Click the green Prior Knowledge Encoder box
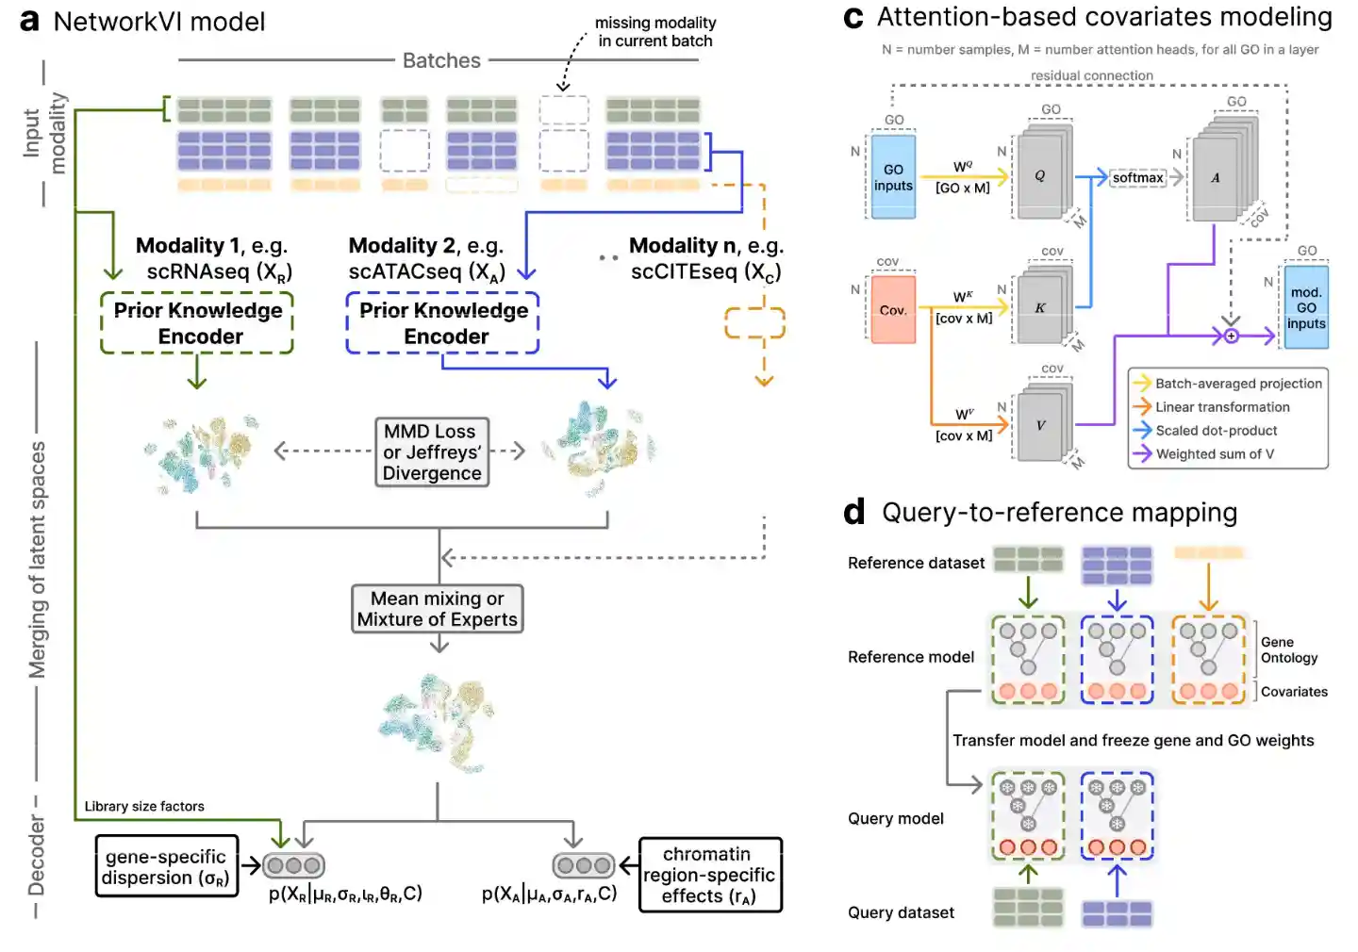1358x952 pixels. click(197, 323)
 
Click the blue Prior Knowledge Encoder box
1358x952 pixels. click(442, 323)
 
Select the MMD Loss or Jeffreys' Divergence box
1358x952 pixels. click(432, 452)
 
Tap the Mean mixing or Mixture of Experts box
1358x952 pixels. click(437, 609)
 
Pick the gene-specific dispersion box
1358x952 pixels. click(166, 866)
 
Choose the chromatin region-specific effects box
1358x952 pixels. click(709, 875)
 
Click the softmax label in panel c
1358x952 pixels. click(1137, 177)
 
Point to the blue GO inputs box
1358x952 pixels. click(892, 177)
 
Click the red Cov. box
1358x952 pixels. click(892, 309)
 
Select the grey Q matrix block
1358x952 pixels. click(1039, 176)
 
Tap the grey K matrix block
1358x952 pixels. click(1039, 308)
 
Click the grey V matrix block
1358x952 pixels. click(1039, 425)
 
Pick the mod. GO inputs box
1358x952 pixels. click(1306, 308)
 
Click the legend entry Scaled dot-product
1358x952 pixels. click(1216, 431)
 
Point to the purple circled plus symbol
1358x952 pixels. click(1231, 336)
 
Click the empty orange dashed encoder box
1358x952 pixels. click(754, 322)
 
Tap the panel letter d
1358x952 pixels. click(854, 512)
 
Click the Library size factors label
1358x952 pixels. click(144, 807)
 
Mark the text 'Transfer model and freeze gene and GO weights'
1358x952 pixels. click(1133, 741)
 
